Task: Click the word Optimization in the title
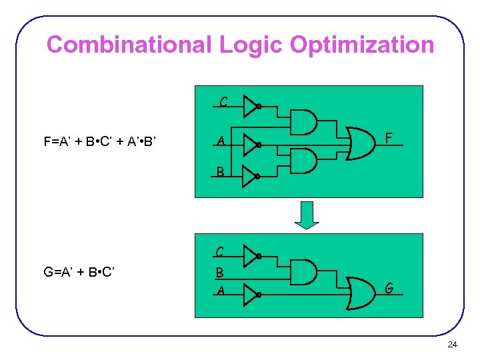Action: click(x=360, y=45)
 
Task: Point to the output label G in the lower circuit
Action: click(x=390, y=289)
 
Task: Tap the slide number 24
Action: click(x=452, y=345)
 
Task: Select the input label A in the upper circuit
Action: click(x=219, y=141)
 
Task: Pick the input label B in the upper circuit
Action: click(x=220, y=172)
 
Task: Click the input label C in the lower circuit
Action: click(x=219, y=252)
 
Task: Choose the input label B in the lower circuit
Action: click(x=219, y=273)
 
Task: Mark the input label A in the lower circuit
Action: click(x=219, y=290)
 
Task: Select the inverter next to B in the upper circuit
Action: click(x=251, y=176)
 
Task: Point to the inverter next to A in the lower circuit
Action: click(x=251, y=293)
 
